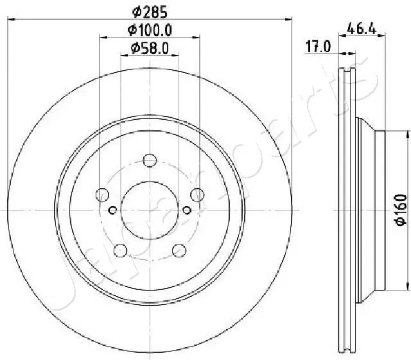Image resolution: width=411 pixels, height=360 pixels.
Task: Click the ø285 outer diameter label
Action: pos(150,11)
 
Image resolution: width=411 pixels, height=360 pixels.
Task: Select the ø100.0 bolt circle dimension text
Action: pos(150,30)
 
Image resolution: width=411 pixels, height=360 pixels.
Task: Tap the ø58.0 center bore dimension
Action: pos(150,48)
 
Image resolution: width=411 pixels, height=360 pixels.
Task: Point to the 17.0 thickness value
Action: pos(317,46)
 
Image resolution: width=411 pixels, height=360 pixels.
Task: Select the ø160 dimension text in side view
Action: pos(399,210)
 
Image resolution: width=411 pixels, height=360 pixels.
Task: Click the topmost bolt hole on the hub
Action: pos(150,160)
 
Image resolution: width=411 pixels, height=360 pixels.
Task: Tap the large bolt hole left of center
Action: pos(101,194)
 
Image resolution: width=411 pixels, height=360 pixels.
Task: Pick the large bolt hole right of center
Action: pos(197,194)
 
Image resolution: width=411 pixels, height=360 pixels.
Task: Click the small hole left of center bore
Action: pos(113,210)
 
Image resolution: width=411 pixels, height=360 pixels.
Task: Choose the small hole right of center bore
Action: pos(187,210)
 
